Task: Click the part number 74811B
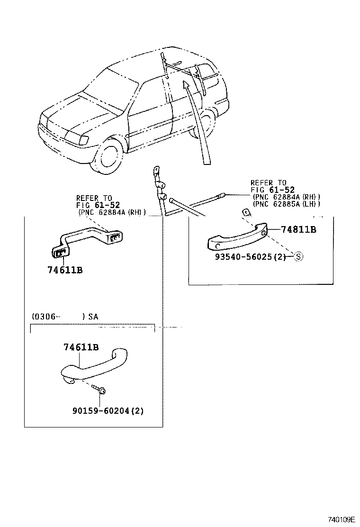click(298, 229)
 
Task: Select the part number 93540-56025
click(243, 257)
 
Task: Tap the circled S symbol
click(298, 257)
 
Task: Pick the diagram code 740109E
click(341, 519)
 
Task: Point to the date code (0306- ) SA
click(65, 316)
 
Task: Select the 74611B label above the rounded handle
click(81, 347)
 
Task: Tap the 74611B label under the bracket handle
click(65, 270)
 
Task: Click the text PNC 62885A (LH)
click(287, 204)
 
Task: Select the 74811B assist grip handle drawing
click(237, 237)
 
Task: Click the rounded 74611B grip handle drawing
click(95, 366)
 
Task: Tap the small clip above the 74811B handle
click(246, 212)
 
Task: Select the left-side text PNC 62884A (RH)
click(112, 212)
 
